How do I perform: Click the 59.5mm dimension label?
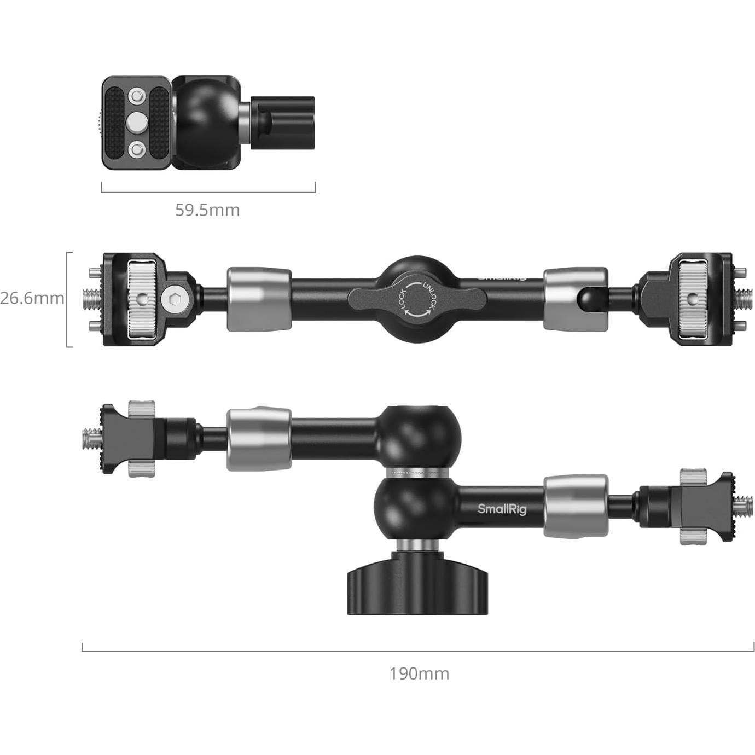pos(207,210)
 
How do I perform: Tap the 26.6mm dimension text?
pos(32,299)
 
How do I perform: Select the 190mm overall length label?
pos(419,673)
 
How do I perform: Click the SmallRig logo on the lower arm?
pos(502,509)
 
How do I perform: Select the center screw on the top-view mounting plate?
pos(136,122)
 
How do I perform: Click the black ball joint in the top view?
pos(204,121)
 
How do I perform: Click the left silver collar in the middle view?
pos(259,299)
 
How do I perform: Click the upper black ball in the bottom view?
pos(419,436)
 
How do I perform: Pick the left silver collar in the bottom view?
pos(259,439)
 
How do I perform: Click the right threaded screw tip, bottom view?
pos(742,506)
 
